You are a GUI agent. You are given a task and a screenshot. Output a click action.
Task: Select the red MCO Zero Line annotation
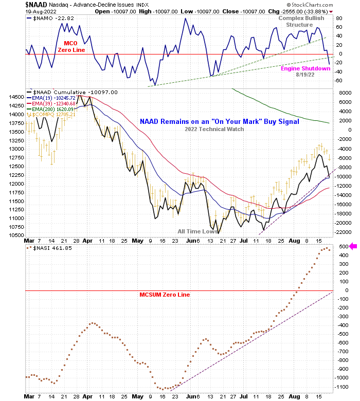pos(70,46)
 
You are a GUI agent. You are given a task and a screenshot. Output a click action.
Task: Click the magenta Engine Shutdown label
pos(305,68)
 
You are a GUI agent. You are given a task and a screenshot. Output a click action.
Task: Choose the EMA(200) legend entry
pos(51,109)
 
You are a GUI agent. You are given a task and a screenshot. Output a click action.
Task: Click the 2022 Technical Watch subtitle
pos(214,129)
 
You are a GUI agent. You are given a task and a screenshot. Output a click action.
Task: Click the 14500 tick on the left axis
pos(16,97)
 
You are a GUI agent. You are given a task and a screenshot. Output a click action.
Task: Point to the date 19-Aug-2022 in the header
pos(43,11)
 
